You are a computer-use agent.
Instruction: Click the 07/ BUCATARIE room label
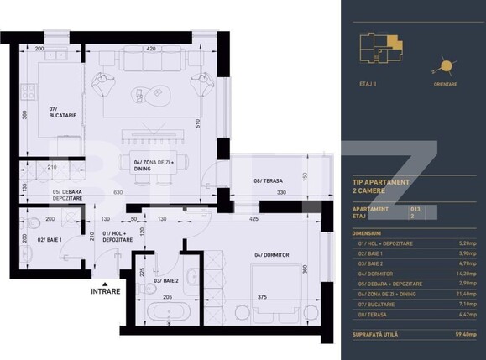tap(65, 112)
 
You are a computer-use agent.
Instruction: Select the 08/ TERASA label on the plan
tap(247, 180)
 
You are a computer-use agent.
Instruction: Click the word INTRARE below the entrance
tap(105, 291)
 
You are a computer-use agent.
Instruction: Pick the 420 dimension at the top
tap(151, 50)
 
